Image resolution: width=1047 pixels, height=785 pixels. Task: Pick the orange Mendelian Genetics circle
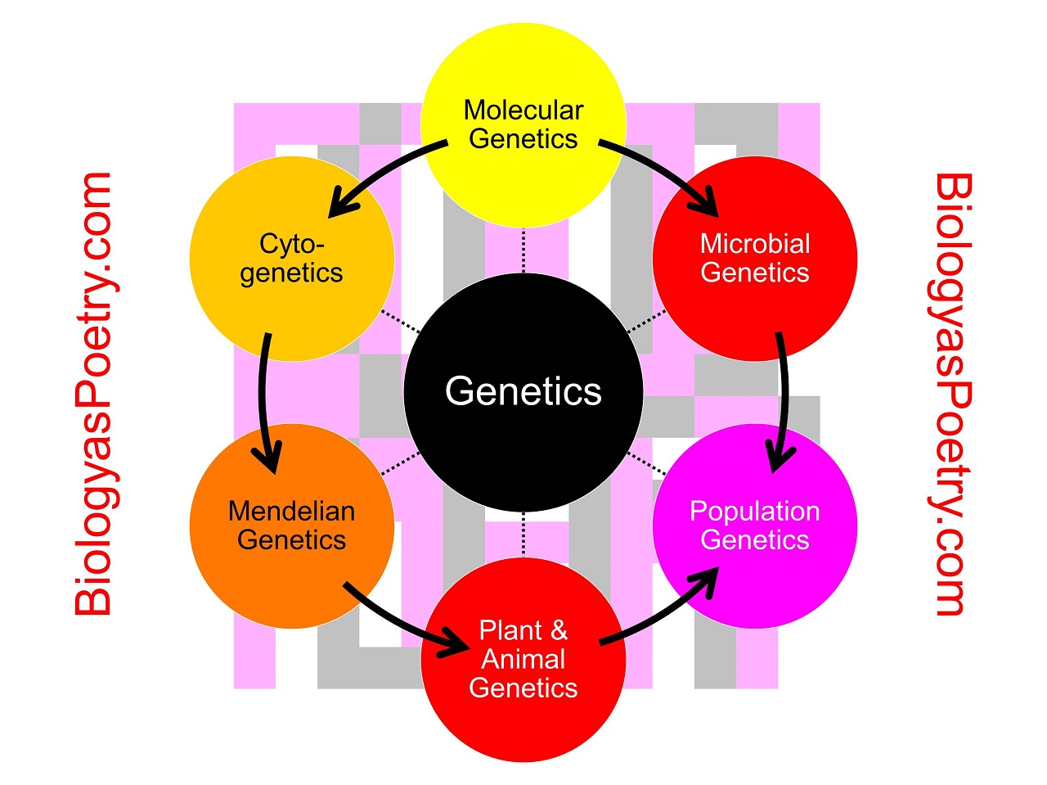click(x=292, y=573)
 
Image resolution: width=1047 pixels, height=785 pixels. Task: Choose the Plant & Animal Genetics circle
click(x=523, y=720)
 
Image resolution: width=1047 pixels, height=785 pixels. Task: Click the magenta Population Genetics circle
click(x=755, y=573)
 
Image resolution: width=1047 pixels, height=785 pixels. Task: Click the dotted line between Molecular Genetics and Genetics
click(x=523, y=250)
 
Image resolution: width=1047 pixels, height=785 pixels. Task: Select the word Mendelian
click(x=292, y=511)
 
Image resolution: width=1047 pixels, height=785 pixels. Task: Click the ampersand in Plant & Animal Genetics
click(x=559, y=630)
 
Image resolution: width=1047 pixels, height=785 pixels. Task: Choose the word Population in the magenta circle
click(x=755, y=511)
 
